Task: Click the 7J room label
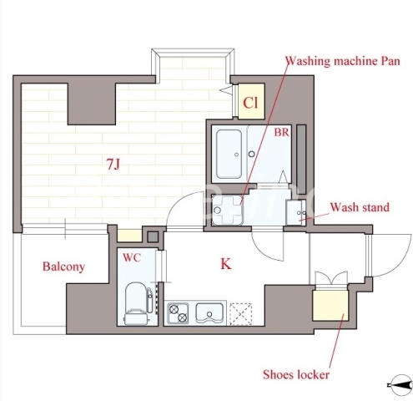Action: [113, 165]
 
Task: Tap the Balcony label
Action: [63, 266]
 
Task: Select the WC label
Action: [132, 258]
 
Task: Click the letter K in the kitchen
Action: [226, 264]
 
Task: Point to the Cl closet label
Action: [250, 103]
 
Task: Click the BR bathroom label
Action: [282, 132]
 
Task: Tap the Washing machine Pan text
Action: [343, 61]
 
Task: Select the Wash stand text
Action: [360, 207]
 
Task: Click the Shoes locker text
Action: [296, 374]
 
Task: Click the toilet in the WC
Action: [136, 303]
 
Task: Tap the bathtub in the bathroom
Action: [229, 154]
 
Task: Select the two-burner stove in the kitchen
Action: [178, 312]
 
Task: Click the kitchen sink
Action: [209, 312]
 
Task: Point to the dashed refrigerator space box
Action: [241, 314]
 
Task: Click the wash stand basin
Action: [296, 213]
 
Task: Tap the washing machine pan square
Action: [228, 210]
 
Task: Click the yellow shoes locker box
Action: [330, 306]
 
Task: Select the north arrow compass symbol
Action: [400, 385]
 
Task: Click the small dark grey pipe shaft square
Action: [153, 237]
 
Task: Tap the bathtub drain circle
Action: [237, 155]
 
